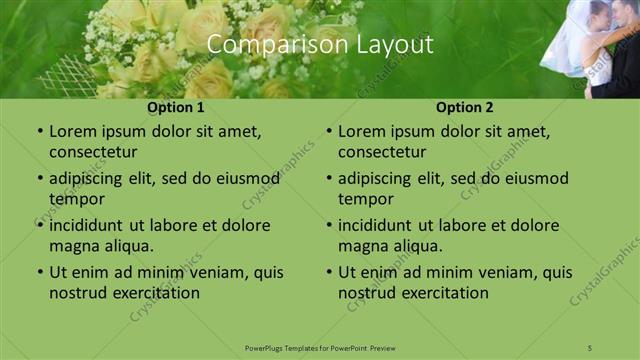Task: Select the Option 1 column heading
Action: click(x=176, y=107)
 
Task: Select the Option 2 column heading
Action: click(x=465, y=107)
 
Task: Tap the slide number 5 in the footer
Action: click(x=590, y=347)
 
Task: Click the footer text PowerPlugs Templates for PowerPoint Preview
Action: click(x=320, y=347)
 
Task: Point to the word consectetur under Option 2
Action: click(x=382, y=152)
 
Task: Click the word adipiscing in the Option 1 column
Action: click(x=92, y=179)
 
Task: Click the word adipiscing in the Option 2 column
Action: click(x=381, y=179)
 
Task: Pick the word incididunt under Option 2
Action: click(x=380, y=226)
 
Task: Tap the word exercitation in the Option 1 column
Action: click(x=154, y=293)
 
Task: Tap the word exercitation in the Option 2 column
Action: click(x=443, y=293)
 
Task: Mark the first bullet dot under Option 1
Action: click(x=39, y=132)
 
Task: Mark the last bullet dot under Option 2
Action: click(x=328, y=273)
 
